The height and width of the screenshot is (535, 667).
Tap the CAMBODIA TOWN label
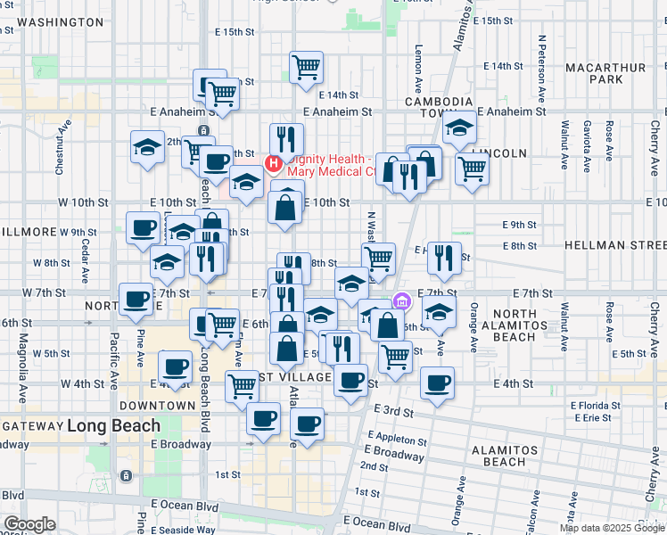pyautogui.click(x=438, y=108)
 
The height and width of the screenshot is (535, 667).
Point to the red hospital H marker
pyautogui.click(x=275, y=164)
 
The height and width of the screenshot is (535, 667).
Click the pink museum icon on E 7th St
pyautogui.click(x=402, y=300)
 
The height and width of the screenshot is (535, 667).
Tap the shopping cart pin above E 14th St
pyautogui.click(x=306, y=66)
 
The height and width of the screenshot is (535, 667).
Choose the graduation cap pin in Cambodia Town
pyautogui.click(x=459, y=130)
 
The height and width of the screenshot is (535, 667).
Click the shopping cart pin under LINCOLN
pyautogui.click(x=472, y=167)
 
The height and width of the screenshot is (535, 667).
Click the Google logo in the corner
pyautogui.click(x=29, y=524)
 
